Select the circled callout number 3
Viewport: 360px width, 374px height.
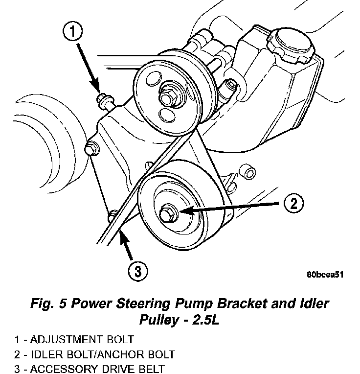[x=138, y=270]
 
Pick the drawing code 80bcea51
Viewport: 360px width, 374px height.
[x=325, y=275]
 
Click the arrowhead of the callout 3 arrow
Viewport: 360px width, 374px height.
[x=122, y=235]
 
